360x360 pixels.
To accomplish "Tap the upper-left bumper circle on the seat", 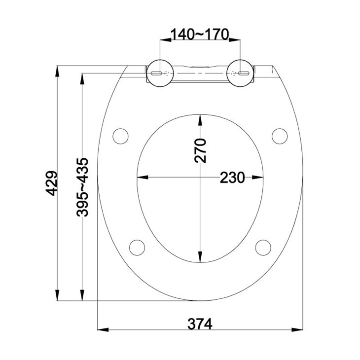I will pyautogui.click(x=120, y=135).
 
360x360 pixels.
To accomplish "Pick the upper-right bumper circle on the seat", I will pyautogui.click(x=280, y=135).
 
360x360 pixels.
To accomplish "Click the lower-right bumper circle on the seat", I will pyautogui.click(x=264, y=247).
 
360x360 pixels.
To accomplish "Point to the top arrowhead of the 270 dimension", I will pyautogui.click(x=200, y=118).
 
